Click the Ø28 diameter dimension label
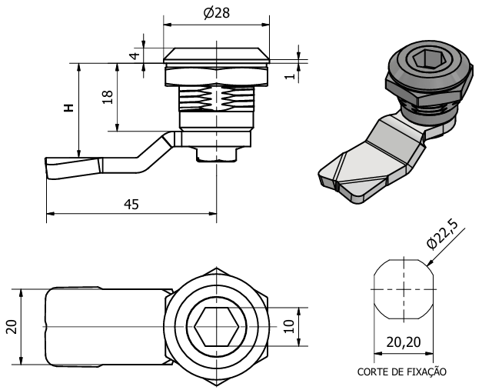point(217,13)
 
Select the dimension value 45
point(131,204)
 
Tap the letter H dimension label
point(68,108)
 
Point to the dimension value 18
point(108,97)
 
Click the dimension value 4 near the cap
point(133,56)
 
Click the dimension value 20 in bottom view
point(11,326)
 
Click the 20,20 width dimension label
point(402,342)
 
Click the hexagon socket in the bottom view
point(217,327)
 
